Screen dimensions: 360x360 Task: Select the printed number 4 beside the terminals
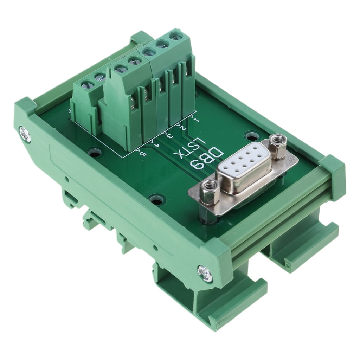tap(157, 144)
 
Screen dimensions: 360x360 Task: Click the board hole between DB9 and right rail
tap(251, 135)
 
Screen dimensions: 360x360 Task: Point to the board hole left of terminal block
tap(94, 153)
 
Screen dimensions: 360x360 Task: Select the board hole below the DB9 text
tap(155, 199)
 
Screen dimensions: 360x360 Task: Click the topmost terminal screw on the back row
tap(174, 36)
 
